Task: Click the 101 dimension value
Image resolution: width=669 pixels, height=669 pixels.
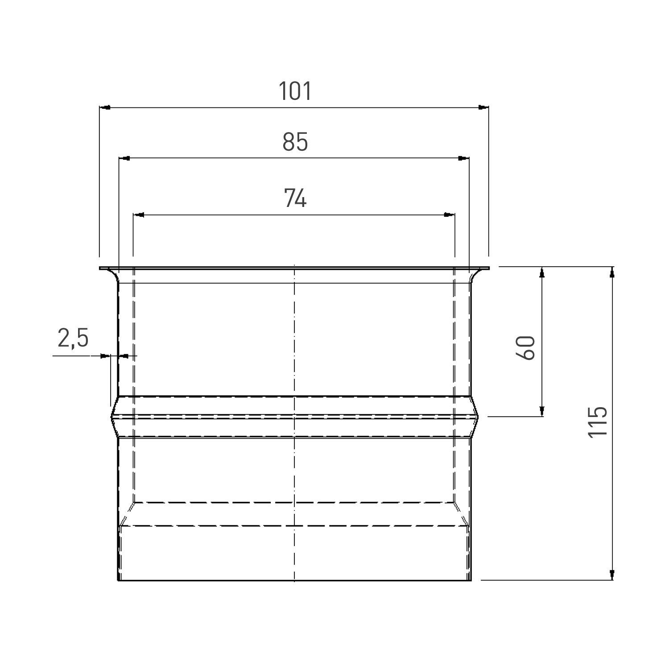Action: [295, 91]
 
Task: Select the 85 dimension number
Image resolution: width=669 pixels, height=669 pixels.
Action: [295, 142]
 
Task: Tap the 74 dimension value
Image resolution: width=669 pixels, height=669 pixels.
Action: [295, 198]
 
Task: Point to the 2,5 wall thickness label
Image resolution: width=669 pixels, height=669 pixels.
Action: [73, 339]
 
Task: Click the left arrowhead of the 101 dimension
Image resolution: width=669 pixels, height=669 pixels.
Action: [104, 107]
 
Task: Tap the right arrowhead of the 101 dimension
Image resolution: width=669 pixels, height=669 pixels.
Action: [483, 107]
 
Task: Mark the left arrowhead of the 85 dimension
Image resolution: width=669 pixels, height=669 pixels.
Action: [124, 158]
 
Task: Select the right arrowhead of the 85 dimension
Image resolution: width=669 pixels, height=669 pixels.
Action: [464, 158]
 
